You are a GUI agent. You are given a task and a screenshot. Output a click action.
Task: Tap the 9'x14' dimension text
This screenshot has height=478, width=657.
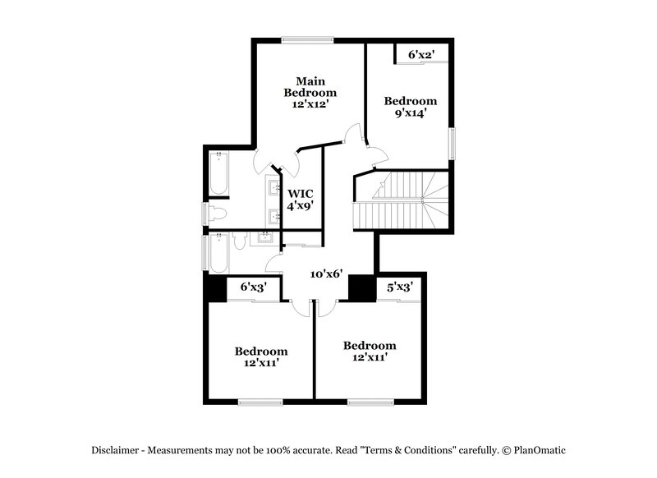tap(411, 113)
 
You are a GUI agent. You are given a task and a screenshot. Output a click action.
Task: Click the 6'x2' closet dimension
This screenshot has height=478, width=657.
tap(420, 55)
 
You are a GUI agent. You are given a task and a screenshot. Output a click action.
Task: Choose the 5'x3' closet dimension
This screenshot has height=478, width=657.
tap(398, 287)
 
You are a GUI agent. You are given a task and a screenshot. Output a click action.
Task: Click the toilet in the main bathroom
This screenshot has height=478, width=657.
tap(217, 214)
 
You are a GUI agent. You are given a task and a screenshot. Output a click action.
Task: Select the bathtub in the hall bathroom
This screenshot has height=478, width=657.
tap(218, 255)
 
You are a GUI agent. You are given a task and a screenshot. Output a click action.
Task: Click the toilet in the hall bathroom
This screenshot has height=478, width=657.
tap(239, 240)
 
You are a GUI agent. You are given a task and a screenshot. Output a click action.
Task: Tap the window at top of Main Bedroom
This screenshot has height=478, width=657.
tap(307, 39)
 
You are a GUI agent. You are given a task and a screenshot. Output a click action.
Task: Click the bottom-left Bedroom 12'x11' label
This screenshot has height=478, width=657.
tap(261, 356)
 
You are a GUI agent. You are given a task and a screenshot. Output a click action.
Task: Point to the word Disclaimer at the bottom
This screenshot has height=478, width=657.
tap(117, 450)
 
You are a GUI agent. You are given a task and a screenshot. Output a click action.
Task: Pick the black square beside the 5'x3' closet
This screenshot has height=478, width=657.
tap(361, 287)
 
